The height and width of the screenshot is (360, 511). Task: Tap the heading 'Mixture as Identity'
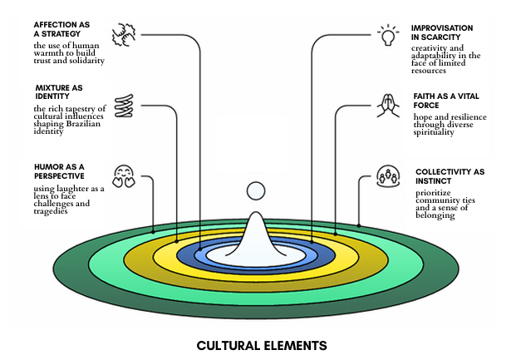(61, 91)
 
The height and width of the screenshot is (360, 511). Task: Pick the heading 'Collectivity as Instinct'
(449, 176)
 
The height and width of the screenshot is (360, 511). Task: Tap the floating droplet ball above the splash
(256, 190)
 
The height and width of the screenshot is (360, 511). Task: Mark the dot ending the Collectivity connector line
(358, 224)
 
